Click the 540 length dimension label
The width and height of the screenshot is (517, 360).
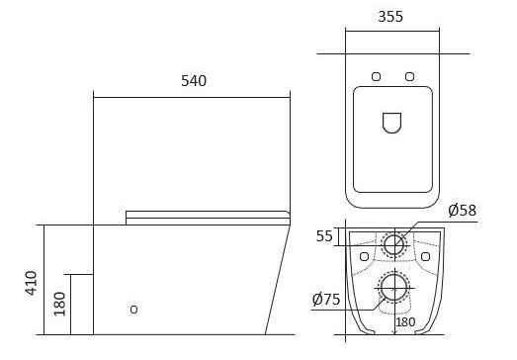point(194,81)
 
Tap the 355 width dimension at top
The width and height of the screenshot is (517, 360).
point(390,17)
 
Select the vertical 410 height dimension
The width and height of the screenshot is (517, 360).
point(32,283)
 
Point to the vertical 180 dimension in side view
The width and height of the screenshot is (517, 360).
point(59,304)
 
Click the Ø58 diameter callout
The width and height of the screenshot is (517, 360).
point(463,211)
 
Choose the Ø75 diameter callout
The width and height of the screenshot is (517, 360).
point(326,300)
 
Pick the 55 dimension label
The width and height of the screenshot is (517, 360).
point(324,236)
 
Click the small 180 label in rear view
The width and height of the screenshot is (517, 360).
point(405,322)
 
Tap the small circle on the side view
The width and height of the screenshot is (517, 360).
point(133,310)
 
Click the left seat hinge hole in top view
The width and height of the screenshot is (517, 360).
point(377,76)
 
